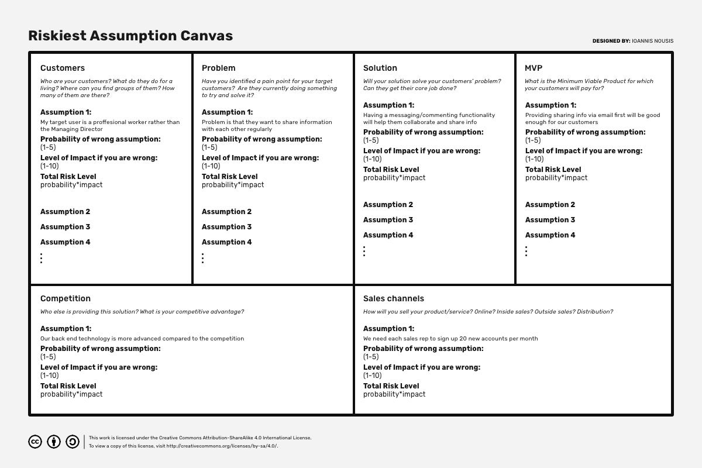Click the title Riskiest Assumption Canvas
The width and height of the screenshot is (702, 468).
(130, 36)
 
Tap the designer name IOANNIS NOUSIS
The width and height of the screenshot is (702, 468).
(652, 41)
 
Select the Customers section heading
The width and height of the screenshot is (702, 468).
(63, 68)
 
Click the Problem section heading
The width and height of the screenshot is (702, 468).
(219, 68)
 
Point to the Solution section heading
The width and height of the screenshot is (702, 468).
(380, 68)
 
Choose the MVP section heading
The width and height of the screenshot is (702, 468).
(534, 68)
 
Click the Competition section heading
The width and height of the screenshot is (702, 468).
(66, 298)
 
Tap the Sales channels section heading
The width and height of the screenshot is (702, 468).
(394, 298)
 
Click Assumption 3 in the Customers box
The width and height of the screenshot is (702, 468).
(66, 227)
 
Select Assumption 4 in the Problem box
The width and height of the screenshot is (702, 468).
(227, 242)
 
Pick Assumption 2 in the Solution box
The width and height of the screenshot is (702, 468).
(388, 205)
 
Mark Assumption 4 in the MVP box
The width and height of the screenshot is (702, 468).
(550, 235)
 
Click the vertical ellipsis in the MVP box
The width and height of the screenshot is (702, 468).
(526, 251)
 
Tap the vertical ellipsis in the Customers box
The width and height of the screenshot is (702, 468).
(42, 258)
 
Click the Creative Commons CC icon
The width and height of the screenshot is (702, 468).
(35, 442)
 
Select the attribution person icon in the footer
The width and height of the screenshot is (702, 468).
(54, 442)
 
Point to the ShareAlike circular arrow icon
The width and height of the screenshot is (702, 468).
(73, 442)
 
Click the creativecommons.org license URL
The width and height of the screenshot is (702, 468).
(222, 446)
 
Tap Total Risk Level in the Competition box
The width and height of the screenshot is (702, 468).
(68, 386)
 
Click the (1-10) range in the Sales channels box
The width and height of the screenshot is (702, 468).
(372, 376)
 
